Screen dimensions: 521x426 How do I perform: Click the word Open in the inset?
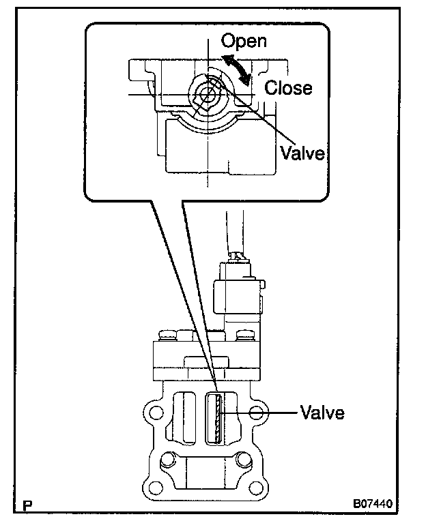(x=243, y=41)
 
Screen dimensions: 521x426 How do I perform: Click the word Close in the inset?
(x=288, y=88)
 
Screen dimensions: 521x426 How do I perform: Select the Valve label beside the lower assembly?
(x=322, y=413)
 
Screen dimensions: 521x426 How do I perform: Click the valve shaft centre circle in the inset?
(x=205, y=94)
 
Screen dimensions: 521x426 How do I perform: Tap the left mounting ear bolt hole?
(x=154, y=413)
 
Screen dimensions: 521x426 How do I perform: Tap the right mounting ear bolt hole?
(x=257, y=413)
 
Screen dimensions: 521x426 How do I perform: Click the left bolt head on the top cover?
(x=166, y=336)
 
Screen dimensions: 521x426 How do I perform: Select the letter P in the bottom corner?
(x=28, y=506)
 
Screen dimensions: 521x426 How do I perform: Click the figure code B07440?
(x=373, y=506)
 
